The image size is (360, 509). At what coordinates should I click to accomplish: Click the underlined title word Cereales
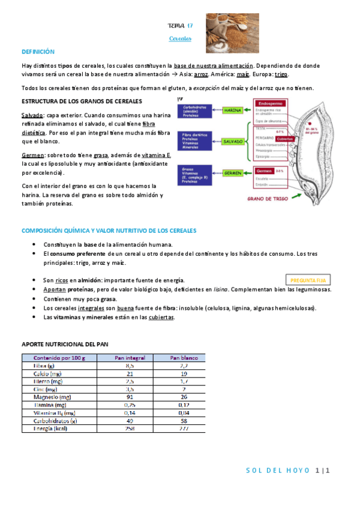(180, 38)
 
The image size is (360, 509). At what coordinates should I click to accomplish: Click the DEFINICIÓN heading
(38, 52)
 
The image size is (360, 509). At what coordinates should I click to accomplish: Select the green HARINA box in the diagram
(231, 110)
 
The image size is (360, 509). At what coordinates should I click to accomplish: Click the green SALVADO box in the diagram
(232, 142)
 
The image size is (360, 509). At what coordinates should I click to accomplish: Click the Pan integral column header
(130, 358)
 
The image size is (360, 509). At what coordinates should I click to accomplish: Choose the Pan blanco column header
(184, 358)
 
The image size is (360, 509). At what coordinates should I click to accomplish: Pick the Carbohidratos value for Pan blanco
(184, 421)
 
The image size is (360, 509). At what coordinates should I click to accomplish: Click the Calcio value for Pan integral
(130, 373)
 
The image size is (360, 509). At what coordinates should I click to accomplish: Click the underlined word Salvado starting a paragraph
(32, 115)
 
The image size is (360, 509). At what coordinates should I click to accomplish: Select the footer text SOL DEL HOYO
(278, 470)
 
